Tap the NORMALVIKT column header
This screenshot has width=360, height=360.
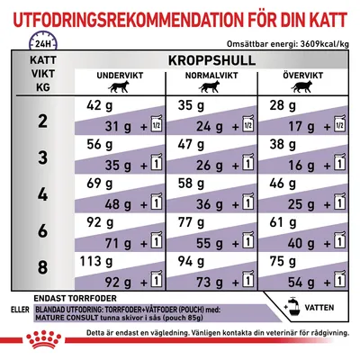click(x=210, y=89)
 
